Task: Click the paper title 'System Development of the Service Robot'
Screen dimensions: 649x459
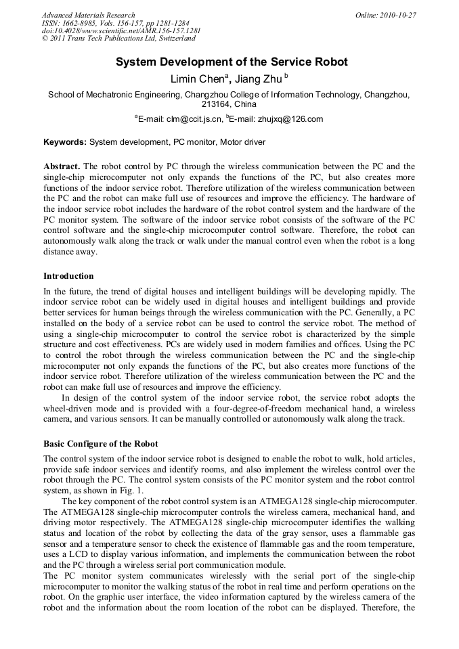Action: pos(232,62)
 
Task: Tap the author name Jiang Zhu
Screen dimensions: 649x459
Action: pos(258,79)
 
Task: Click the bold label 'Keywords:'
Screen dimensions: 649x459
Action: pos(65,142)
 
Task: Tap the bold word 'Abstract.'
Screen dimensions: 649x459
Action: pos(62,166)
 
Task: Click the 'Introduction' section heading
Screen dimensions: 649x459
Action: pos(68,276)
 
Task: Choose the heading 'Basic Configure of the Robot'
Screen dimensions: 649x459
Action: pos(100,444)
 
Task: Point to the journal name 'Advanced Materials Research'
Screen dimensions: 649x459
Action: pos(88,15)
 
